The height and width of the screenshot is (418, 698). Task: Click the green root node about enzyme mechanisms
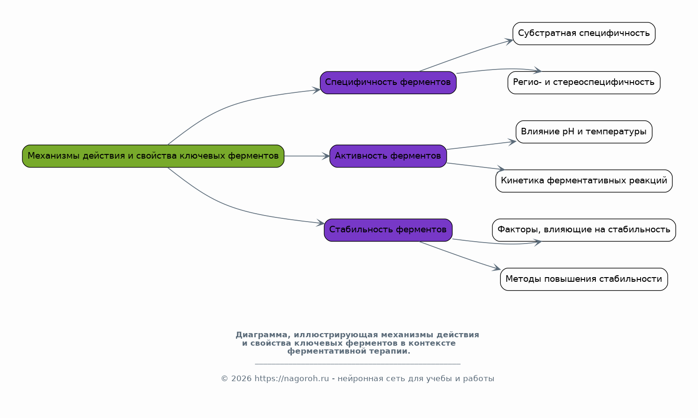tap(153, 156)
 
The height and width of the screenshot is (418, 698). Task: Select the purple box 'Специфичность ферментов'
tap(388, 83)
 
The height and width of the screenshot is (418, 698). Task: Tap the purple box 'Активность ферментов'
tap(388, 156)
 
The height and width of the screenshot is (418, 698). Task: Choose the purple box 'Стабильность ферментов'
tap(388, 230)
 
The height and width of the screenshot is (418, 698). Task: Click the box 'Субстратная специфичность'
tap(584, 34)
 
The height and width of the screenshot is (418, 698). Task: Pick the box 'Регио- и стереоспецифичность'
tap(584, 83)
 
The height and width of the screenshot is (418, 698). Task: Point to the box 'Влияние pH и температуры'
tap(584, 132)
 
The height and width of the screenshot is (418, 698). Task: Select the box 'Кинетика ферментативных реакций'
tap(584, 181)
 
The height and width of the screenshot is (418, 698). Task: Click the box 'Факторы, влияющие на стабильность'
tap(584, 230)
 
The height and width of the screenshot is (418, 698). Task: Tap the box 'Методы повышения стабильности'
tap(584, 279)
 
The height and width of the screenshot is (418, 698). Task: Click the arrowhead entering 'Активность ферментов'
tap(326, 156)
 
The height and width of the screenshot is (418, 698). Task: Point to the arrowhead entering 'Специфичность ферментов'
tap(317, 91)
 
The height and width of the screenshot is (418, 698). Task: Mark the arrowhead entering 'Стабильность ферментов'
tap(321, 223)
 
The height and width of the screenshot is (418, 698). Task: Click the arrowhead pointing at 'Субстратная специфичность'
tap(509, 41)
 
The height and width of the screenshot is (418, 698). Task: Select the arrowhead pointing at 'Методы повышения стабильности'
tap(497, 268)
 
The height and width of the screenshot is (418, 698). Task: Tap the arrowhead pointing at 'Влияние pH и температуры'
tap(512, 142)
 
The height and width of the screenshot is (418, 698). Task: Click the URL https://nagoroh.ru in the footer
tap(292, 379)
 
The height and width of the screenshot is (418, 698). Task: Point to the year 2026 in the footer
tap(241, 379)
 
